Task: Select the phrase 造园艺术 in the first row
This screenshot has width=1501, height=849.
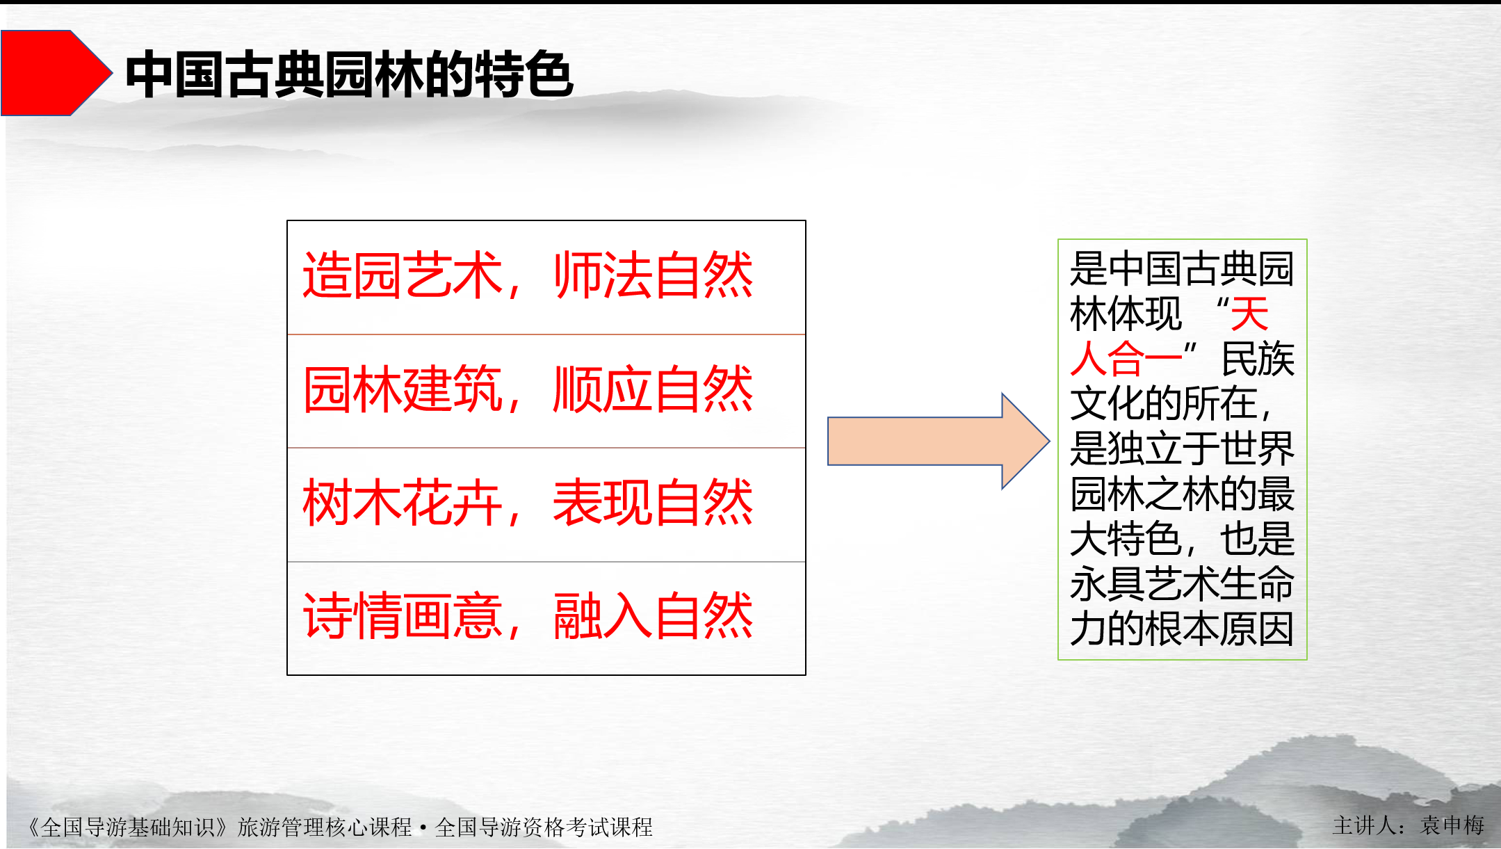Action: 403,276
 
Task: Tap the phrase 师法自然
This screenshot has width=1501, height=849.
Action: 653,276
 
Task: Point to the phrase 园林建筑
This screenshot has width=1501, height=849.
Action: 403,389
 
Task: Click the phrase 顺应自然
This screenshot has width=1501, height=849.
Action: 653,389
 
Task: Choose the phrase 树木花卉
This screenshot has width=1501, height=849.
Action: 403,503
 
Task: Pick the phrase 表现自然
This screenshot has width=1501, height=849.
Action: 653,503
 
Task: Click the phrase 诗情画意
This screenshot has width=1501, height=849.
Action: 403,616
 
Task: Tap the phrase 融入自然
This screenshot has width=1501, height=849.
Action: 653,616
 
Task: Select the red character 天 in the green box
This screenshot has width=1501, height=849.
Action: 1249,314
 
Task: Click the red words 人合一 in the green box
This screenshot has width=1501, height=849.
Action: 1126,359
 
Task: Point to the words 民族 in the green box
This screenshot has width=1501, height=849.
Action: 1258,359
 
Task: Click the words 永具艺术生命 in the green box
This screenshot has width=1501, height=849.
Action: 1182,584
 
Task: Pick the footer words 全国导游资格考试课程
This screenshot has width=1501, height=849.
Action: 544,827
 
